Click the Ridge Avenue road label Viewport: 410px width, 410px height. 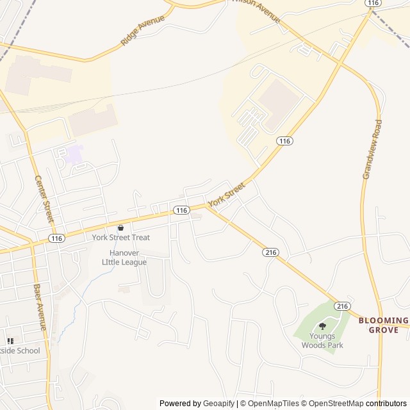point(142,30)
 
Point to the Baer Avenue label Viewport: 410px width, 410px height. point(40,307)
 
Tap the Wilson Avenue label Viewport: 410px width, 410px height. point(256,10)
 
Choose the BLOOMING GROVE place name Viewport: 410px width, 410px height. point(383,325)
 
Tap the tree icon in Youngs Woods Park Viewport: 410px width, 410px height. point(322,327)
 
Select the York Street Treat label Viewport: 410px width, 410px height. point(121,238)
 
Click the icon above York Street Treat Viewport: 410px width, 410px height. point(120,227)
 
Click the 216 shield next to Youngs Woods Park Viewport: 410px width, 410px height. point(343,306)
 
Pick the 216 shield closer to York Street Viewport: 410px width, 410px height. point(270,253)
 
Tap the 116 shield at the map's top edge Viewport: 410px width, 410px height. point(373,3)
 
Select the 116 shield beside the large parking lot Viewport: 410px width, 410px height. point(284,140)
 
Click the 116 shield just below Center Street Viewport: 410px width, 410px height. point(56,238)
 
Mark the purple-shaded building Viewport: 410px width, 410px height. point(75,154)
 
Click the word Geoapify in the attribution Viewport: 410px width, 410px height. point(219,404)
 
